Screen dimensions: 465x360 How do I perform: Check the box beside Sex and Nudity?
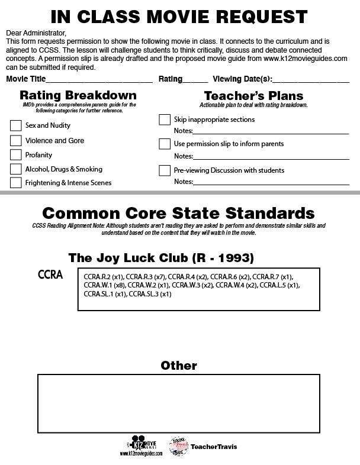tap(16, 125)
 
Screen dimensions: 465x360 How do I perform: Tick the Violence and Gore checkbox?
tap(16, 141)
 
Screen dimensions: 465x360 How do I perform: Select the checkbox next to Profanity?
tap(16, 155)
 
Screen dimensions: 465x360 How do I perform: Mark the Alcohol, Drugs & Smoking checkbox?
tap(16, 169)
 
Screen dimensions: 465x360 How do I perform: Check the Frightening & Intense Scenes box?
tap(16, 183)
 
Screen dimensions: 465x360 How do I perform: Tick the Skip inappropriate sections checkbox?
tap(165, 120)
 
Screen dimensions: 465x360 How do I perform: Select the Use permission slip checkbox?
tap(165, 144)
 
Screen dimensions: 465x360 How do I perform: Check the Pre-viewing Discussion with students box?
tap(165, 170)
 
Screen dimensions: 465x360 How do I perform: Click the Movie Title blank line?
tap(99, 80)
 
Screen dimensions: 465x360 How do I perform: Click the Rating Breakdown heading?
tap(78, 95)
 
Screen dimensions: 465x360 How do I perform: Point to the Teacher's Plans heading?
tap(253, 95)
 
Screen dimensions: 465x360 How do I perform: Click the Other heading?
tap(179, 366)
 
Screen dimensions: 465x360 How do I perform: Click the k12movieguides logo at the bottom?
tap(144, 446)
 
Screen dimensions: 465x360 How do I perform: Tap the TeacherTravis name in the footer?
tap(214, 447)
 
